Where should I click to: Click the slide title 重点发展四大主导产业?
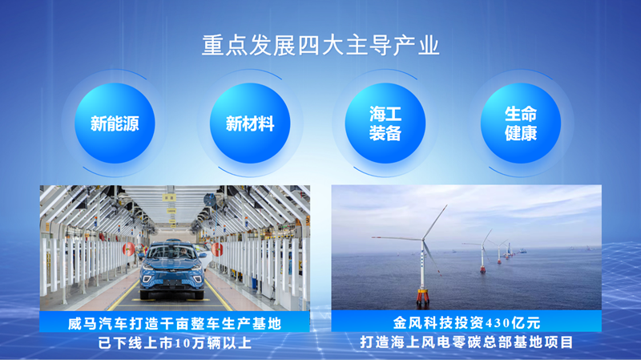(x=320, y=46)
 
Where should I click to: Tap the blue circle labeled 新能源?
(x=115, y=123)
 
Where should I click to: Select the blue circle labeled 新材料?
(x=250, y=123)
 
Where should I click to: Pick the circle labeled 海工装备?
(x=385, y=123)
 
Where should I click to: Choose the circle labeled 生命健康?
(x=520, y=123)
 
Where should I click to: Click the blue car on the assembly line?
(x=172, y=270)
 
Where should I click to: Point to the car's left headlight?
(x=148, y=267)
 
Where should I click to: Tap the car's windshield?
(x=173, y=253)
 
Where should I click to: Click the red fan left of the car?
(x=128, y=249)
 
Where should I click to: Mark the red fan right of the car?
(x=217, y=249)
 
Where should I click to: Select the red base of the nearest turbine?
(x=423, y=296)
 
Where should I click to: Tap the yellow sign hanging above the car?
(x=169, y=197)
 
